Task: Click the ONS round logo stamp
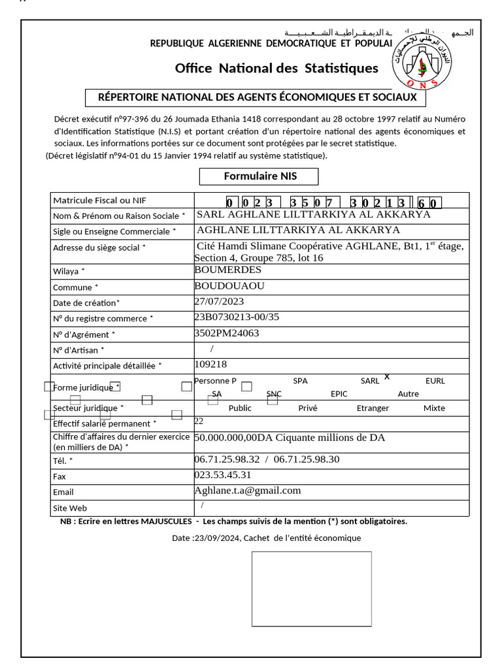(x=422, y=60)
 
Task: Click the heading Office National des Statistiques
(x=276, y=69)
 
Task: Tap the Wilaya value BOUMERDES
(x=228, y=270)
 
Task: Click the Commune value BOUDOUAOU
(x=229, y=286)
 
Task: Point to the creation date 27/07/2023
(x=219, y=302)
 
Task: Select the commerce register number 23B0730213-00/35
(x=237, y=318)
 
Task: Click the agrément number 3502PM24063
(x=227, y=333)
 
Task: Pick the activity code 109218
(x=210, y=365)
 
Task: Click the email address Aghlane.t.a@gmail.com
(x=247, y=491)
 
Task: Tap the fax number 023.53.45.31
(x=222, y=475)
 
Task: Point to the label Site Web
(x=70, y=508)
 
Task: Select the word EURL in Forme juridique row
(x=435, y=381)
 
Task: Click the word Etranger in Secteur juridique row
(x=373, y=408)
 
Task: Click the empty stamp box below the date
(x=311, y=589)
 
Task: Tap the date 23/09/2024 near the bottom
(x=218, y=538)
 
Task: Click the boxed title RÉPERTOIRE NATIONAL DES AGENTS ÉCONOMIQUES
(x=257, y=97)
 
